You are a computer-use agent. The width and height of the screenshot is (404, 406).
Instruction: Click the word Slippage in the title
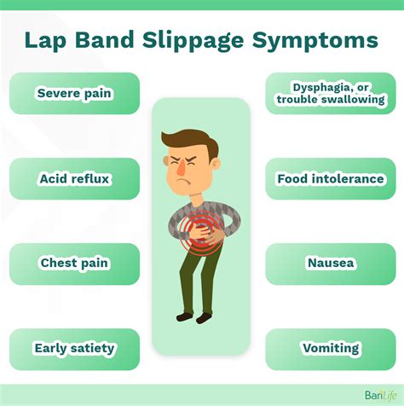click(x=193, y=41)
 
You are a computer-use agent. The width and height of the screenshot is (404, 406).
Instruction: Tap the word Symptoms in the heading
click(x=315, y=42)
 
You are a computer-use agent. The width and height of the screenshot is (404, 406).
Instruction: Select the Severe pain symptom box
click(x=74, y=93)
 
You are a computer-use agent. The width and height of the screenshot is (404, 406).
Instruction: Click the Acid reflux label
click(x=74, y=179)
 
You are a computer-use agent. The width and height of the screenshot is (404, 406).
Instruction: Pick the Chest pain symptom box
click(x=74, y=264)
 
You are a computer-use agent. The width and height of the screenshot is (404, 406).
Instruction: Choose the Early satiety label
click(x=74, y=349)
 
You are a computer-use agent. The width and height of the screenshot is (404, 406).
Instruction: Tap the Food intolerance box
click(x=331, y=179)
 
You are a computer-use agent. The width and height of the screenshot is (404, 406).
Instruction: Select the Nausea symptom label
click(x=331, y=263)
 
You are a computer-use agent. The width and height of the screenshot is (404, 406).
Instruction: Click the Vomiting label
click(x=331, y=349)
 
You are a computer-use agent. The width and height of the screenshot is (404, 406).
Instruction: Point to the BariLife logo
click(x=381, y=395)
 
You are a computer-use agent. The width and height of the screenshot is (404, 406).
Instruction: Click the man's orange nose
click(x=181, y=168)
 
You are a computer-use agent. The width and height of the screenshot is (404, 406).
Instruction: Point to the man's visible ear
click(x=216, y=165)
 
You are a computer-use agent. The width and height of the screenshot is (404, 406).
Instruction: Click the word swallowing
click(x=353, y=100)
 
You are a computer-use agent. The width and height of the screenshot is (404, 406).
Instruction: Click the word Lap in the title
click(x=45, y=42)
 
